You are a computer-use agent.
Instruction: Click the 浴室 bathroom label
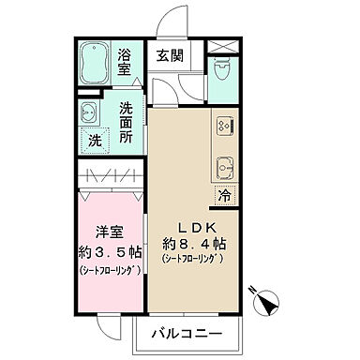point(125,61)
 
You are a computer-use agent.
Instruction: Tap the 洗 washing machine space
point(95,141)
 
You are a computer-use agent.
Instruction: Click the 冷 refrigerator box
point(224,196)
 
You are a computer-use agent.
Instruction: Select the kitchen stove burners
point(226,124)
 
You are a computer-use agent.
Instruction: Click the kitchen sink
point(226,166)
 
